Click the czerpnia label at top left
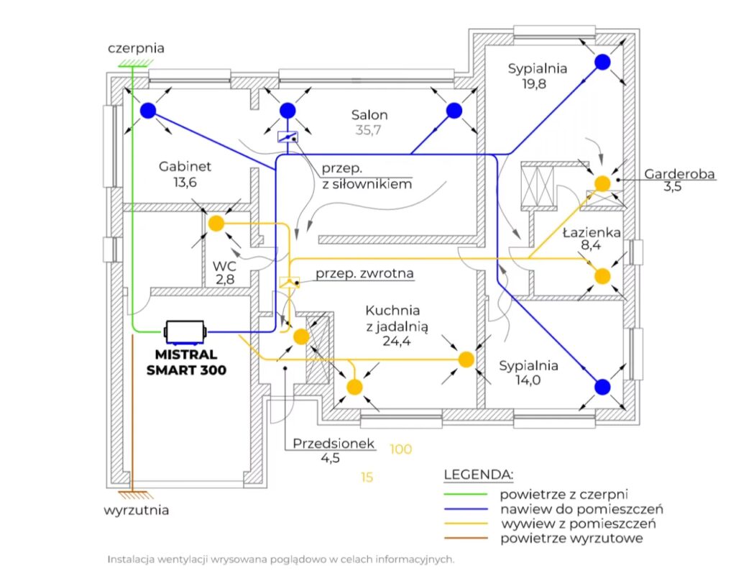[x=136, y=49]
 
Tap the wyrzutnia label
[x=137, y=511]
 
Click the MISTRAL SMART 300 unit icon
[x=185, y=331]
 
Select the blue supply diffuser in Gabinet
[x=148, y=110]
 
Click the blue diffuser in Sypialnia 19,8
[x=602, y=62]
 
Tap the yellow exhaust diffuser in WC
[x=216, y=224]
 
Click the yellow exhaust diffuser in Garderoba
[x=602, y=183]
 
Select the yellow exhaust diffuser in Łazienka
[x=602, y=276]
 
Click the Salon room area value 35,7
[x=369, y=130]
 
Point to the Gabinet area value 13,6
[x=185, y=182]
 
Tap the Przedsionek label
[x=333, y=444]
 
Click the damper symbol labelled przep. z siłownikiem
[x=287, y=137]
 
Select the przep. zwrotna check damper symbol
[x=288, y=283]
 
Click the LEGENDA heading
[x=479, y=475]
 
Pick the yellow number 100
[x=400, y=449]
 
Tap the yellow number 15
[x=367, y=477]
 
